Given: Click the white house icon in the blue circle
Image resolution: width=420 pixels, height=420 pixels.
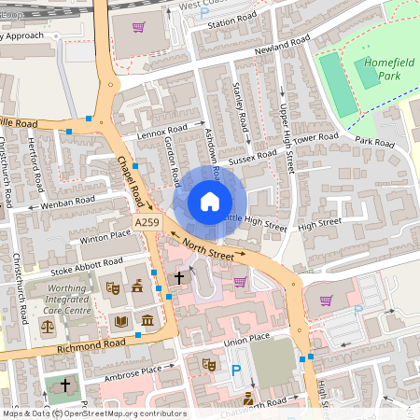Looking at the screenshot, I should point(210,202).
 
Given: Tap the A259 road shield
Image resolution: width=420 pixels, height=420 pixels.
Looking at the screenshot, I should point(146,223).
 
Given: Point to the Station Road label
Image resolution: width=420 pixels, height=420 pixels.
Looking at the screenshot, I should point(233,22).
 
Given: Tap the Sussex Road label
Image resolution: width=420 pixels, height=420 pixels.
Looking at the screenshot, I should point(254,155).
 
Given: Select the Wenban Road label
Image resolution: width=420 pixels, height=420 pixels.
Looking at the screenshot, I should point(70,200).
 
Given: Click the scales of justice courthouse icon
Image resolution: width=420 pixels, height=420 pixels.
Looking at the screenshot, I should point(48,328).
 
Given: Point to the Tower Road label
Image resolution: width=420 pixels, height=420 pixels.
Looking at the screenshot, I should point(316,137).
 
